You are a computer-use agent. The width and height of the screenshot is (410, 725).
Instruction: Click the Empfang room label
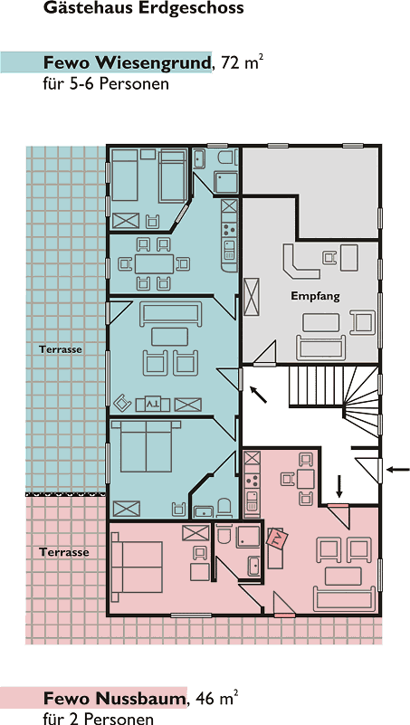coord(315,296)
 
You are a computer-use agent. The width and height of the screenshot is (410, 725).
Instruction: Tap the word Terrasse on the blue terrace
coord(61,349)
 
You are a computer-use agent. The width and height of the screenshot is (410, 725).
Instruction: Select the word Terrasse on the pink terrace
coord(63,552)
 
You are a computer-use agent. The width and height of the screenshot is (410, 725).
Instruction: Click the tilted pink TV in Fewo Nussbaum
coord(278,539)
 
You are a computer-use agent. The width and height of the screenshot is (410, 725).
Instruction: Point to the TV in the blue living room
coord(153,405)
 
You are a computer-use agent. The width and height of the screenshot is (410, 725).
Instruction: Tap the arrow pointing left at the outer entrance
coord(398,470)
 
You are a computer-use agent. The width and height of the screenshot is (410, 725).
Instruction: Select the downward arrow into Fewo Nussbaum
coord(339,486)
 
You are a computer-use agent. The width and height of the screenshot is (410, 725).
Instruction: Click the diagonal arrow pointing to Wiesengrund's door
coord(258,395)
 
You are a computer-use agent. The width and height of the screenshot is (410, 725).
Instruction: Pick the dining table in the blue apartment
coord(155,263)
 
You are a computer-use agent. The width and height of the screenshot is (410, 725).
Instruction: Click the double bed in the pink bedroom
coord(138,568)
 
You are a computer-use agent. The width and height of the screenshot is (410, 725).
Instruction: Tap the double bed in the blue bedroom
coord(146,445)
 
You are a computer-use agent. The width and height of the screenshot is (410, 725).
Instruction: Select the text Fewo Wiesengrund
coord(127,62)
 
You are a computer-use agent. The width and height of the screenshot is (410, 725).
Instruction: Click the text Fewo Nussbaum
coord(115,699)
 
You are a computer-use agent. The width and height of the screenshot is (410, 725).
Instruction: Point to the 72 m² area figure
coord(243,62)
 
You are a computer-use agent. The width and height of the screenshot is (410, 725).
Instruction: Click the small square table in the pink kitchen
coord(306,479)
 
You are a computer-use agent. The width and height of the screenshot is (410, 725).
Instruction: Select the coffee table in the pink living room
coord(343,577)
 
